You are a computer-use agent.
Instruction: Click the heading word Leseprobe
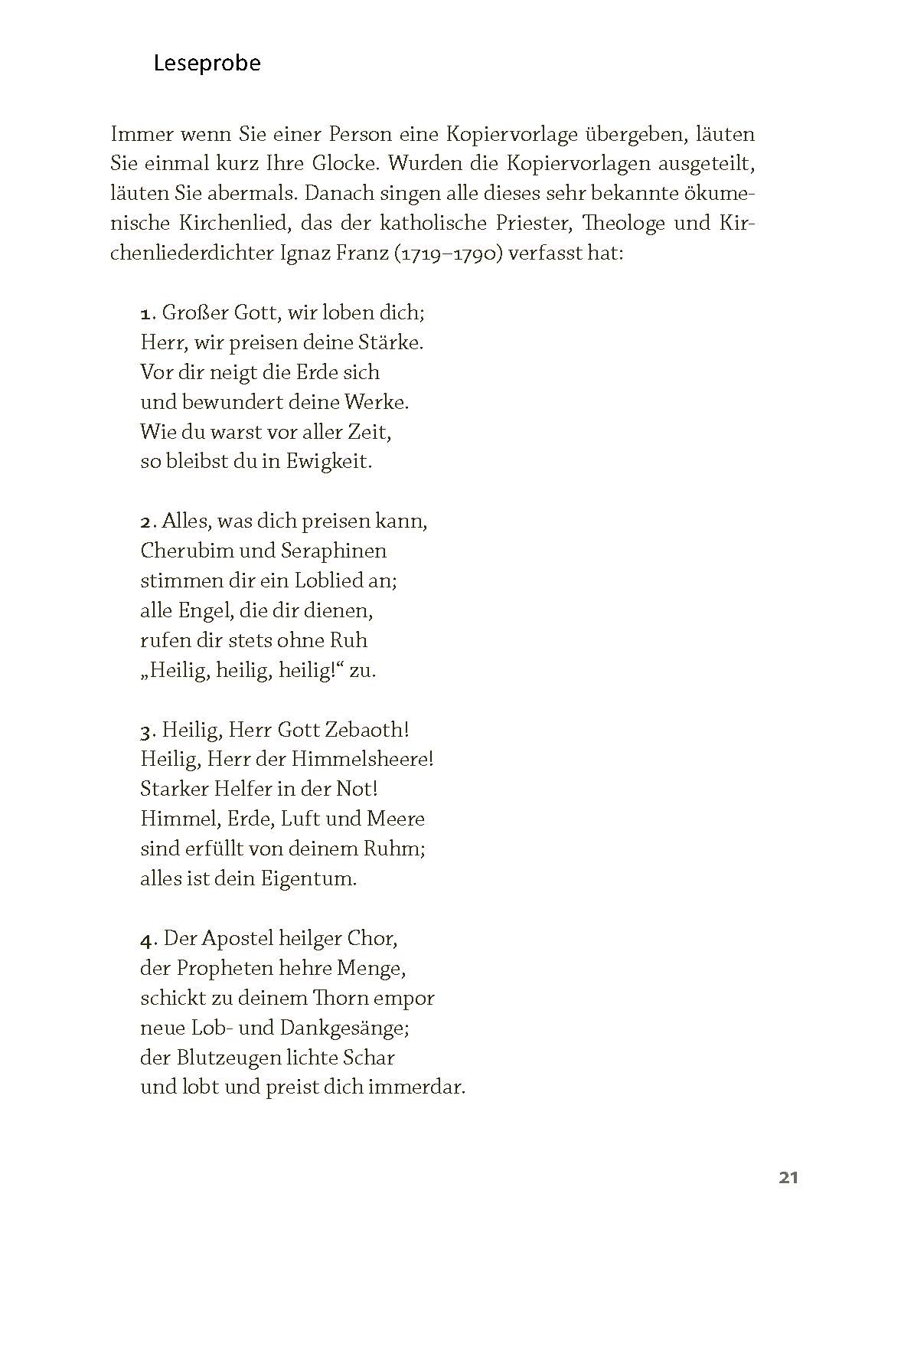[207, 63]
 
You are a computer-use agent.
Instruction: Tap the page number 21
[788, 1178]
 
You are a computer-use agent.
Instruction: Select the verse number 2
[146, 522]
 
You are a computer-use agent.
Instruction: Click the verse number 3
[146, 731]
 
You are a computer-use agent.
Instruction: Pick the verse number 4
[146, 940]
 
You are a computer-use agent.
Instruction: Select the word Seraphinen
[334, 551]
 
